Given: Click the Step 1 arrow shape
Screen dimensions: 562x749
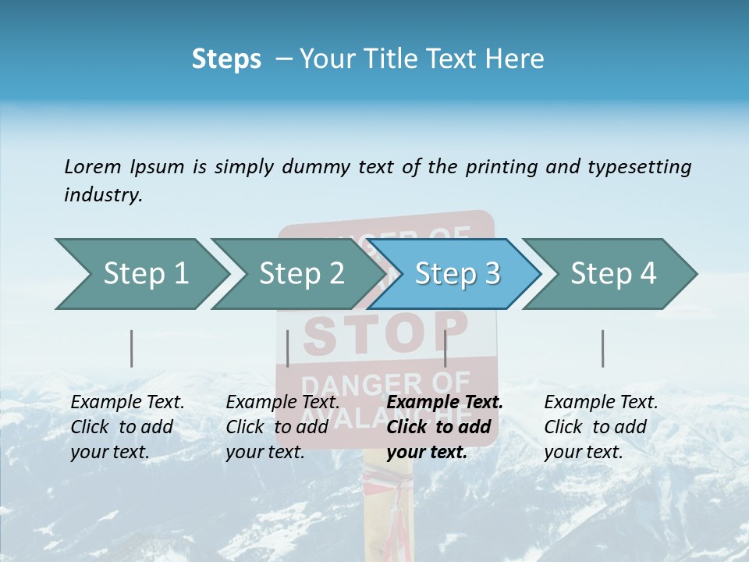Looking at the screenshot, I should [x=140, y=274].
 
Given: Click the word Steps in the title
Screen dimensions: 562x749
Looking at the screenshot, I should [x=226, y=59].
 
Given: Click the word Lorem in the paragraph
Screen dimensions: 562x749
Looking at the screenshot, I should [x=92, y=166].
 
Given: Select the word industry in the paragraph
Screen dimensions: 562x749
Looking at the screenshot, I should [x=103, y=195].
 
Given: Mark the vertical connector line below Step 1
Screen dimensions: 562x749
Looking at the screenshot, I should [x=131, y=348].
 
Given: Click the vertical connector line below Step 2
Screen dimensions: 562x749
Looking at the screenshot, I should [x=288, y=348].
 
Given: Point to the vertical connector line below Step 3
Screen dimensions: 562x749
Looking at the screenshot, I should [x=445, y=348].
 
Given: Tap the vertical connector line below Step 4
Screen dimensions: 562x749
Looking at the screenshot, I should [x=602, y=348].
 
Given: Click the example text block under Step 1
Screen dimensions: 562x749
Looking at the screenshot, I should [x=127, y=427].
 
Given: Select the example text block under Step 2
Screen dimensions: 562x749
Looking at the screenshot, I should [x=282, y=427].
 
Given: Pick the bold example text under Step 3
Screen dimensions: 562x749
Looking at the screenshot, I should [x=445, y=427].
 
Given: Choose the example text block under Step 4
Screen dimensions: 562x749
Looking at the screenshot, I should [x=601, y=427].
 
